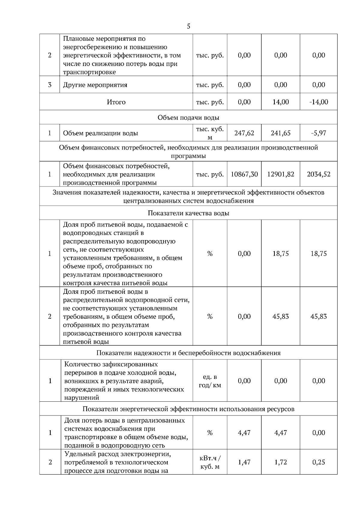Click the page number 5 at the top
188,26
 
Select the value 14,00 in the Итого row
280,102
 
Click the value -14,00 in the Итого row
319,102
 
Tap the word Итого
116,102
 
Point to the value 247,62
244,133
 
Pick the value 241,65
280,133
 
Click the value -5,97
319,133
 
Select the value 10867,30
244,174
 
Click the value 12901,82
280,174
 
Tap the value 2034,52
319,174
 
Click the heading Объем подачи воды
188,118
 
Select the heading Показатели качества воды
188,213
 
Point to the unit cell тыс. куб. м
210,133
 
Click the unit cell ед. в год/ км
210,381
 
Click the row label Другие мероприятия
95,85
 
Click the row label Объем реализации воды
100,133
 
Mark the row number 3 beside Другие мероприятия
50,85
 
